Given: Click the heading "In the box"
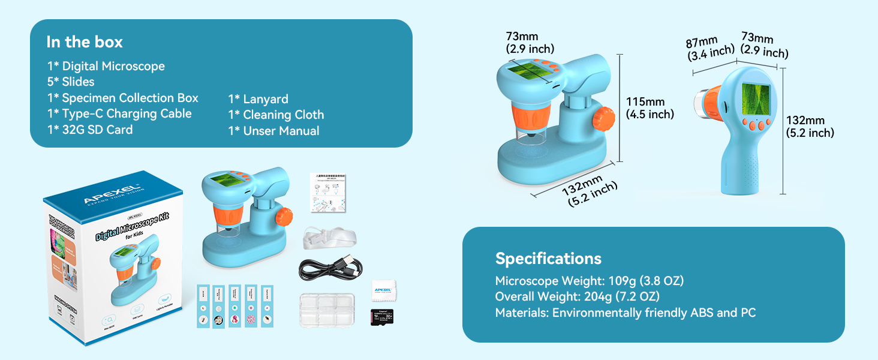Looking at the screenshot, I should [x=85, y=42].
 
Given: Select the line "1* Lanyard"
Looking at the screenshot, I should [x=258, y=99].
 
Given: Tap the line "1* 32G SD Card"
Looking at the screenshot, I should [x=90, y=130].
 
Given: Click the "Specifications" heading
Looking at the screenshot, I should [x=548, y=259].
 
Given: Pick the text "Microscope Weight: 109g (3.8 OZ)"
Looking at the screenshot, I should [x=589, y=281].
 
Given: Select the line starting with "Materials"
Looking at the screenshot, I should [x=625, y=313].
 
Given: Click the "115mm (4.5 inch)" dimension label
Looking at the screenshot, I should [x=650, y=107].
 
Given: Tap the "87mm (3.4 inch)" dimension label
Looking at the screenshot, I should [x=710, y=49].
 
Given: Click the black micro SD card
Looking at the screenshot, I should [x=381, y=316].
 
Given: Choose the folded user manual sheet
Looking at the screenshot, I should [x=329, y=192].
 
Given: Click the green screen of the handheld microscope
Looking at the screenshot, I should [x=755, y=98].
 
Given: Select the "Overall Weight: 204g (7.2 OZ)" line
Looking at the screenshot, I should [x=577, y=296].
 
